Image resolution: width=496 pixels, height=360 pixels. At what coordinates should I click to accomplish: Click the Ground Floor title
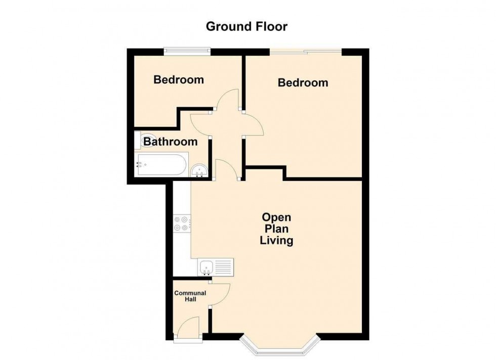(x=246, y=27)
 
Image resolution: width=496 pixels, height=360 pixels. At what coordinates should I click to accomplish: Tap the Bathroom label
(x=171, y=142)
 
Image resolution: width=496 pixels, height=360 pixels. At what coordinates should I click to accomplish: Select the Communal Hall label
(x=190, y=296)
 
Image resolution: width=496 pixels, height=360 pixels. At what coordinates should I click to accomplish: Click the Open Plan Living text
(x=276, y=229)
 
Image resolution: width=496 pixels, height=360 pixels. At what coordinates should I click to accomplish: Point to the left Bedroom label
(x=179, y=80)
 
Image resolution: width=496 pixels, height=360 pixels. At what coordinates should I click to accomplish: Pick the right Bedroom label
(x=303, y=83)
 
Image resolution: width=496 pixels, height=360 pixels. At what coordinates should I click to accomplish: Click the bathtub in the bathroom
(x=161, y=164)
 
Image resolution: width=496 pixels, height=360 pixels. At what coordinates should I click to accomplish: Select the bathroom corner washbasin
(x=199, y=171)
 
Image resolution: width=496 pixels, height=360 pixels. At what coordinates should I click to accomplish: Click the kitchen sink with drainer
(x=216, y=267)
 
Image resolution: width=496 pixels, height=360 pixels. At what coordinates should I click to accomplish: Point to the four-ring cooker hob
(x=182, y=223)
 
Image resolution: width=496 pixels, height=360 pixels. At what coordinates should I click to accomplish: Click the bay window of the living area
(x=280, y=344)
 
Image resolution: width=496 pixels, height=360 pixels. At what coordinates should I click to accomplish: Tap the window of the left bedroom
(x=187, y=52)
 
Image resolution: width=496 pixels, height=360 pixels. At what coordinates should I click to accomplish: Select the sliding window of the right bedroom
(x=306, y=52)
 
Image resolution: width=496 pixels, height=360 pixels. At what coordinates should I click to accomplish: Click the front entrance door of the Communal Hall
(x=188, y=329)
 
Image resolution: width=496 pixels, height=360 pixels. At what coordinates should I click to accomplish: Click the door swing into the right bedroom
(x=253, y=124)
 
